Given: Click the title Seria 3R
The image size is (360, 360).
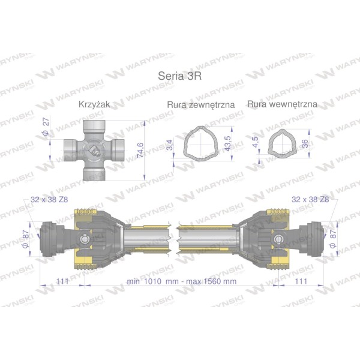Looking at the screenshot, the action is tap(180, 76).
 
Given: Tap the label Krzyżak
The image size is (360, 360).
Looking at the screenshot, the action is tap(94, 104).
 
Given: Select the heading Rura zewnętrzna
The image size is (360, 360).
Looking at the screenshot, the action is tap(201, 104).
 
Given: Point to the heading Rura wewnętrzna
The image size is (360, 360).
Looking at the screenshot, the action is tap(282, 104).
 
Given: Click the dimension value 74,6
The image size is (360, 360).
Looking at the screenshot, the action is tap(140, 150).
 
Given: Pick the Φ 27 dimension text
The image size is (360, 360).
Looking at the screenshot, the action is tap(46, 126).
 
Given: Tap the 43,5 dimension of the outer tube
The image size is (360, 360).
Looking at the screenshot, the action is tap(227, 143).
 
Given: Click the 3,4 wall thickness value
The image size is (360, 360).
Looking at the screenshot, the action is tap(169, 145).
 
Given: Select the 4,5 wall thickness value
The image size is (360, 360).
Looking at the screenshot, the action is tap(255, 142).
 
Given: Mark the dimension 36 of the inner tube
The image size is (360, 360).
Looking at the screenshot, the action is tap(305, 144).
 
